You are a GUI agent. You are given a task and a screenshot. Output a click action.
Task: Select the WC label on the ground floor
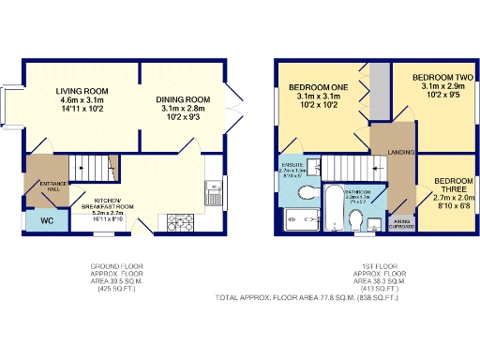click(44, 221)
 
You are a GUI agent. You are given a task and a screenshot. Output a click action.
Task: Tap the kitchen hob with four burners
click(178, 221)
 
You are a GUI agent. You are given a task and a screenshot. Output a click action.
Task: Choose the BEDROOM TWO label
click(441, 84)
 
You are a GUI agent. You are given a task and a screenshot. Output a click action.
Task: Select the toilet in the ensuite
click(307, 192)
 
